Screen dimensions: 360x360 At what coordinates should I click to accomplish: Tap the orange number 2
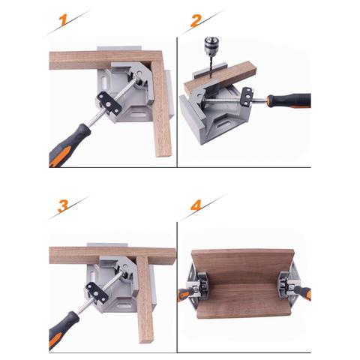point(196,22)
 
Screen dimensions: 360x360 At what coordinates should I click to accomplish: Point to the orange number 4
point(196,205)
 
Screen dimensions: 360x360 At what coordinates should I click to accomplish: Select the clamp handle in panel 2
point(289,100)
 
